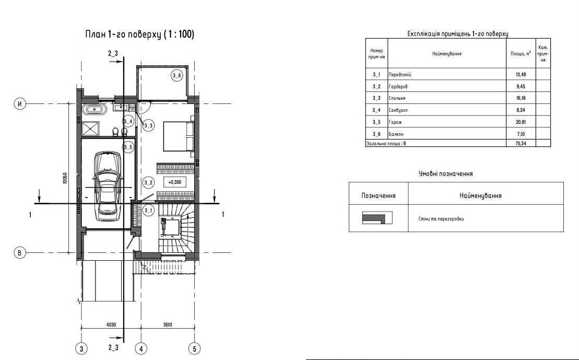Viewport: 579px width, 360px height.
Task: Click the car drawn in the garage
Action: click(108, 186)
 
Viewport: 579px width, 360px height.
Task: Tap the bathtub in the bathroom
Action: click(95, 109)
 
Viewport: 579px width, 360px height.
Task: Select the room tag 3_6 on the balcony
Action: click(177, 76)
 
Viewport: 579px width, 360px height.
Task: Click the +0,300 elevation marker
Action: click(175, 182)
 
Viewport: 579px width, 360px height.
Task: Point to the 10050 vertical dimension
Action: click(65, 179)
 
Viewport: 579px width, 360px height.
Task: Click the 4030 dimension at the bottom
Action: click(111, 325)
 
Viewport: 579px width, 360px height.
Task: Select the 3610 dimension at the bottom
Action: click(167, 325)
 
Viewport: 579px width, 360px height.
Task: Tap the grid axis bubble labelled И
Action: click(20, 104)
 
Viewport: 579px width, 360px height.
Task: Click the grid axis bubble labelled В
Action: click(20, 253)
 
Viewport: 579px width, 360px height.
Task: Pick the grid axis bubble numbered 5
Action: click(194, 349)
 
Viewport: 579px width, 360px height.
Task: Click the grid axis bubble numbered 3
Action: click(81, 349)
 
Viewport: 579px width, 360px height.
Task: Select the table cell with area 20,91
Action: click(521, 122)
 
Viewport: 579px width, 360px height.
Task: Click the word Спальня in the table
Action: click(397, 98)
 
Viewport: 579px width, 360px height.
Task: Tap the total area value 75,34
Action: click(521, 143)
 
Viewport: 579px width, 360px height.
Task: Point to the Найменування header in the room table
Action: click(447, 54)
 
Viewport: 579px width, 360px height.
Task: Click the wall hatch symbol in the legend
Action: click(377, 218)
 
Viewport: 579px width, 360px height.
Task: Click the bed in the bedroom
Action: click(179, 136)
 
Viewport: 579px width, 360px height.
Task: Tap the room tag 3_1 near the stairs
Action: click(148, 211)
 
